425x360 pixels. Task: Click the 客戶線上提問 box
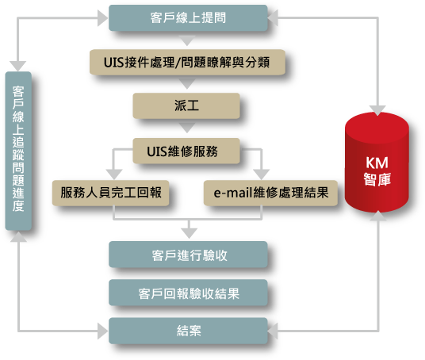coord(188,18)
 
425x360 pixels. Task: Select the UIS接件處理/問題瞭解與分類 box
coord(187,62)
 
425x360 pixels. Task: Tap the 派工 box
coord(186,105)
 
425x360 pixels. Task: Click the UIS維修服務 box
coord(186,151)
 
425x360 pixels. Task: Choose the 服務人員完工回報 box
coord(110,193)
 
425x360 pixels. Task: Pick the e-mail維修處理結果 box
coord(270,193)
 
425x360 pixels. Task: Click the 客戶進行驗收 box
coord(188,255)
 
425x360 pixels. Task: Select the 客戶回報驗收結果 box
coord(188,293)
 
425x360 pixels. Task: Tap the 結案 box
coord(188,331)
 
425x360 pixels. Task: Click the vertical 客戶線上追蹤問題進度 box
coord(18,151)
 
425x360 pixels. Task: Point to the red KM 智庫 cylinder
coord(377,162)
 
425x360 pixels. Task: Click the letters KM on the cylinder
coord(377,163)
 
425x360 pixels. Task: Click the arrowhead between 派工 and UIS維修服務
coord(187,128)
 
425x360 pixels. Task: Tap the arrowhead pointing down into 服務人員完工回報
coord(114,174)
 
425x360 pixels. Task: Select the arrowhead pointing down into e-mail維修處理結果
coord(262,174)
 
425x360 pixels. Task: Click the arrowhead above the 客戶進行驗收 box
coord(189,233)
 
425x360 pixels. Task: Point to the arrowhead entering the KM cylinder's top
coord(377,110)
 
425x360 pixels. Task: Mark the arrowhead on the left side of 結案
coord(103,331)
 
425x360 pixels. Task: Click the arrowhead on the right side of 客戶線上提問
coord(273,18)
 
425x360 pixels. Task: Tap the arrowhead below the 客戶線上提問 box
coord(187,40)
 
